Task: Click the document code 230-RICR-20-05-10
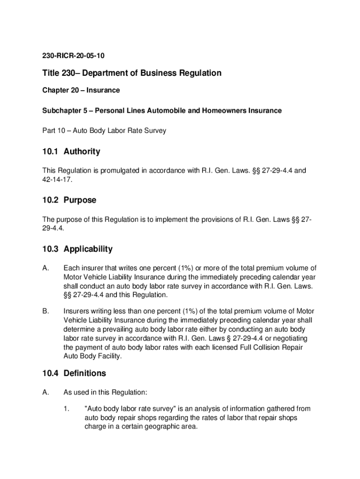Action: click(73, 56)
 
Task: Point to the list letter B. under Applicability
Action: click(46, 311)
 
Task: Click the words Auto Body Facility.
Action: click(92, 356)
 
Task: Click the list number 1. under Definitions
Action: click(66, 409)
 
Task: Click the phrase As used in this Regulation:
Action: click(105, 392)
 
